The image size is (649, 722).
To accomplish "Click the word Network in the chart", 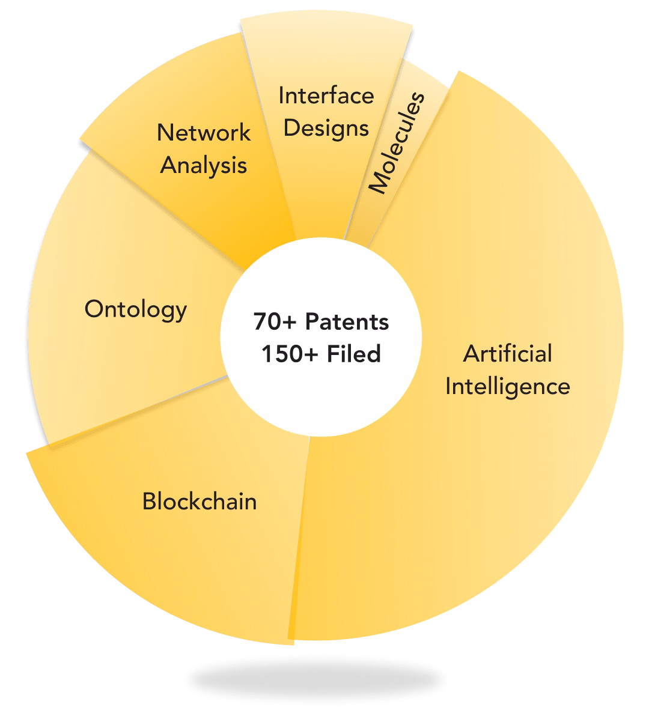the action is point(204,133).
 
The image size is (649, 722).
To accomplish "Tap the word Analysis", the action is point(203,166).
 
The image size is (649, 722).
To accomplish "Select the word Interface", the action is point(326,96).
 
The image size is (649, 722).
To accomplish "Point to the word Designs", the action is point(326,129).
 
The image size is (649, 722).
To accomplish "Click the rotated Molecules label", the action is point(397,144).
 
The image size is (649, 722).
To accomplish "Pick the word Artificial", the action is point(507,354).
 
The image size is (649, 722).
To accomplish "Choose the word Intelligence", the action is point(507,387).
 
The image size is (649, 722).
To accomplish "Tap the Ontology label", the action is point(135,310).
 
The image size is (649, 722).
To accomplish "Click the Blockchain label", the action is point(200,502).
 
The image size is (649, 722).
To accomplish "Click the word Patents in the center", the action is point(347,321).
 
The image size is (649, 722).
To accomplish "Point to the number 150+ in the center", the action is point(290,354).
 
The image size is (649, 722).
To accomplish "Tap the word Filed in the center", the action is point(354,354).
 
